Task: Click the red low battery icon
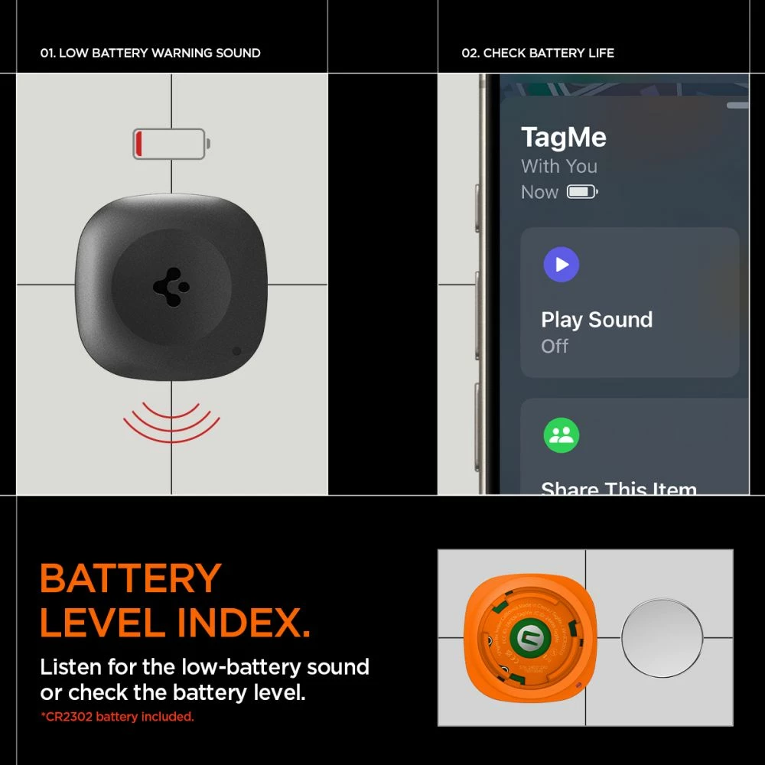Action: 171,144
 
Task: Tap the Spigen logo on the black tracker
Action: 171,288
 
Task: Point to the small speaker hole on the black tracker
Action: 236,351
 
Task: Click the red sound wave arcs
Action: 171,425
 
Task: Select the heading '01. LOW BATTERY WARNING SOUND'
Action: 150,53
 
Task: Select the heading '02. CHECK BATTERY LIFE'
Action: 537,53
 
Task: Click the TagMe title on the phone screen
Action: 563,138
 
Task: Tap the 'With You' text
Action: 558,166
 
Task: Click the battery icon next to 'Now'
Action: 581,192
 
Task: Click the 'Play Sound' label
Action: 597,320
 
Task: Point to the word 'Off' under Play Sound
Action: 555,347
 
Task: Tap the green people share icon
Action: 561,435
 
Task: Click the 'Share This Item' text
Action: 618,487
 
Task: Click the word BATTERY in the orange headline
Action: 131,578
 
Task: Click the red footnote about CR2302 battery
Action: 117,717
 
